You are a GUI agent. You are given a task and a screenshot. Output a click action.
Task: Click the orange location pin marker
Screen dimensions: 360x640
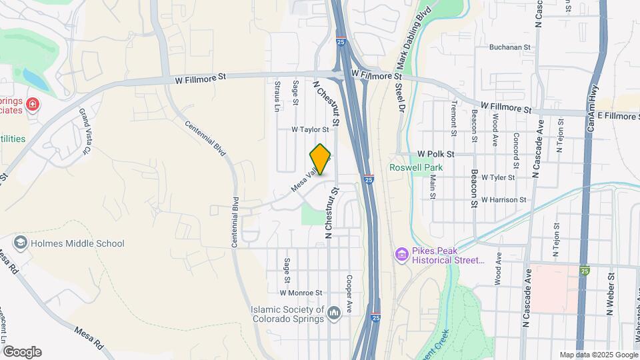321,159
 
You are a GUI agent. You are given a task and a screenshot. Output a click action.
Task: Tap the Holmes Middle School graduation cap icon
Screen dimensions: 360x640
21,243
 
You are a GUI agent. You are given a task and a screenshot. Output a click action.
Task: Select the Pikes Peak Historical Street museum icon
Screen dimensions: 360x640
401,254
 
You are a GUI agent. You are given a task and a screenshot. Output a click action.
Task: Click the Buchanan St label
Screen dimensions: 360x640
509,48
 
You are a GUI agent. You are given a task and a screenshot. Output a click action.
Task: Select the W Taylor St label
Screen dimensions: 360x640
310,130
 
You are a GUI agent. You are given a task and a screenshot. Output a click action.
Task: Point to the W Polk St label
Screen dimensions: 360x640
435,154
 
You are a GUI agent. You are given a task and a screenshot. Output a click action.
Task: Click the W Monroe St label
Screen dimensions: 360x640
301,293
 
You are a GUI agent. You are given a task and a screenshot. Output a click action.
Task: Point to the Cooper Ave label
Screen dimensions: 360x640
349,289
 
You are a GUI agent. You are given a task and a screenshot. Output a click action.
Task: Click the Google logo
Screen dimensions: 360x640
22,352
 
